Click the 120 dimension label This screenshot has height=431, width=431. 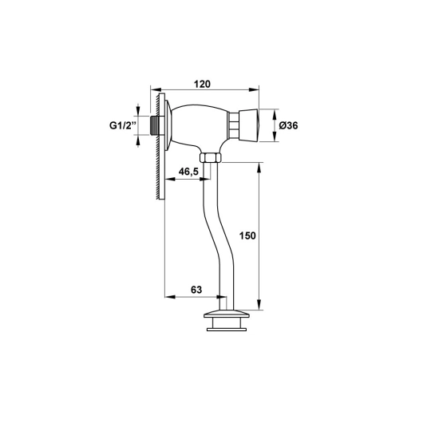coord(202,84)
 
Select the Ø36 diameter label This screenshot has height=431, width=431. coord(288,126)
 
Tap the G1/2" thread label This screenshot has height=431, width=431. coord(123,125)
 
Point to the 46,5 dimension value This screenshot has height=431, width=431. coord(188,172)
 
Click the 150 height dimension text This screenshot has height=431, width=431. coord(247,235)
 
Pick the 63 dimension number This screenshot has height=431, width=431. coord(196,290)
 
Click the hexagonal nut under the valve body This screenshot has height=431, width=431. coord(210,158)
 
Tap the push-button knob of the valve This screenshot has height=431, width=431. coord(249,125)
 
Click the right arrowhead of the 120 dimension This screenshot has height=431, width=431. coord(254,89)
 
